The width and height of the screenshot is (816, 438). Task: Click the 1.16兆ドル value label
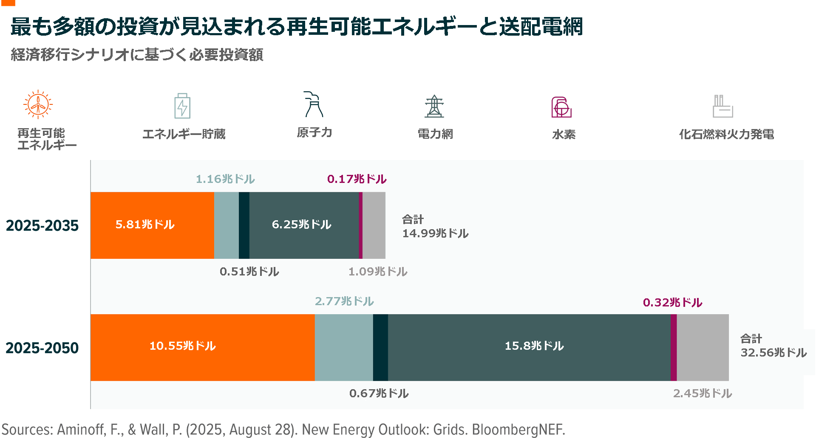225,179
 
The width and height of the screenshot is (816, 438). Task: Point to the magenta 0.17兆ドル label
357,179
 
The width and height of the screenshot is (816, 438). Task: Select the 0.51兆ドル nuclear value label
249,272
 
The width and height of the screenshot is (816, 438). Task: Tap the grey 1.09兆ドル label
378,272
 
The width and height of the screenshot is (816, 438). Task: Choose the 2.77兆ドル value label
344,301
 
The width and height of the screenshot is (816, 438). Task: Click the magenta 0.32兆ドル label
672,303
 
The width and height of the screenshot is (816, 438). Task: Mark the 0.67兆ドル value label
379,393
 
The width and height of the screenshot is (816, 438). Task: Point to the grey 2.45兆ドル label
703,393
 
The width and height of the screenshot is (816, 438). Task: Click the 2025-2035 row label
42,226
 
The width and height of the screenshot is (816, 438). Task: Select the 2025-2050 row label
42,348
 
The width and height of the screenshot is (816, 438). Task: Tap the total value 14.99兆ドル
435,233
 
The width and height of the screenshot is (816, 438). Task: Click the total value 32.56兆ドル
773,353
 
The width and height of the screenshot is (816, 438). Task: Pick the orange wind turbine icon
38,104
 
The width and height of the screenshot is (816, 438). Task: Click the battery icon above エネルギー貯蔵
182,106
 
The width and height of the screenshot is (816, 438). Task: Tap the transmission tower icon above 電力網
434,106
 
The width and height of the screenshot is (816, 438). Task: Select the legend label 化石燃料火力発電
726,135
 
